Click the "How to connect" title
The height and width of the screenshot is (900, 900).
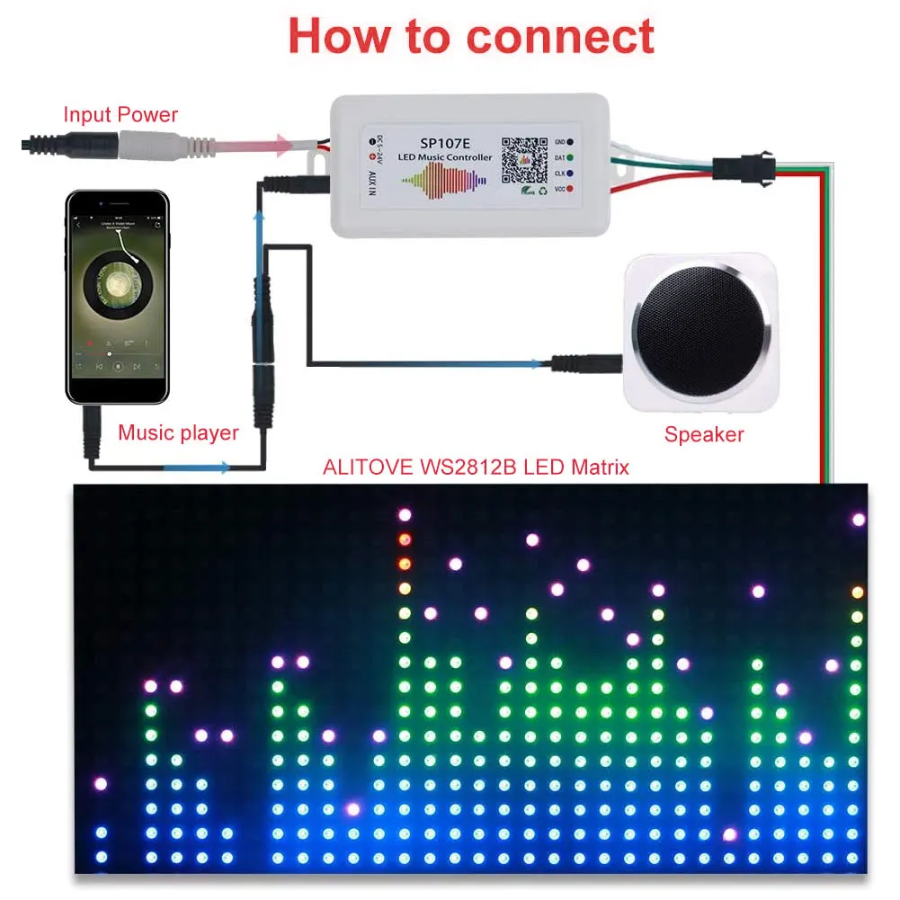pyautogui.click(x=470, y=36)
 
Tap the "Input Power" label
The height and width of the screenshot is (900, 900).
pyautogui.click(x=120, y=115)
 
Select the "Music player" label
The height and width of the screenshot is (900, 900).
pyautogui.click(x=179, y=432)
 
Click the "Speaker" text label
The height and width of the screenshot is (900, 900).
pyautogui.click(x=704, y=435)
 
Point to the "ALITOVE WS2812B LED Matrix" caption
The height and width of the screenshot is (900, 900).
pyautogui.click(x=477, y=468)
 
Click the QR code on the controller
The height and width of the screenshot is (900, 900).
pyautogui.click(x=523, y=158)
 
